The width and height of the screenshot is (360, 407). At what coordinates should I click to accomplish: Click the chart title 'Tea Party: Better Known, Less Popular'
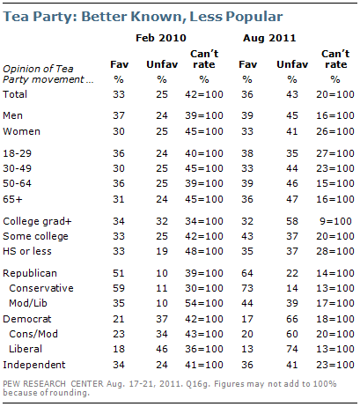coord(143,17)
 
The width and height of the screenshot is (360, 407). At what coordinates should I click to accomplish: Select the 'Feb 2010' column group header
coord(161,38)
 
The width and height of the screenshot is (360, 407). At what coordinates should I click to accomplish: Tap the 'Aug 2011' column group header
coord(269,39)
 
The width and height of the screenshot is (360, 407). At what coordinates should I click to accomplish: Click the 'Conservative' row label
coord(41,288)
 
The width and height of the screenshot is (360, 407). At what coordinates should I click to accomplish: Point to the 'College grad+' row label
coord(37,221)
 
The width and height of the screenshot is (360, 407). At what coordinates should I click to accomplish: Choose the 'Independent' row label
coord(34,365)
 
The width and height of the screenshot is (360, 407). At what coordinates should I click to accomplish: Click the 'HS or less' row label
coord(27,251)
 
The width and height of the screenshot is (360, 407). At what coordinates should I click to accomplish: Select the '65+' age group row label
coord(12,199)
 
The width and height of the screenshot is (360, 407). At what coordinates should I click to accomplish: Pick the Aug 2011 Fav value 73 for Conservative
coord(247,288)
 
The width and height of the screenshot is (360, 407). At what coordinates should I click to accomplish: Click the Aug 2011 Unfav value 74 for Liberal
coord(292,349)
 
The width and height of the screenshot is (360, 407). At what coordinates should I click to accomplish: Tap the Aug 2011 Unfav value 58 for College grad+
coord(292,221)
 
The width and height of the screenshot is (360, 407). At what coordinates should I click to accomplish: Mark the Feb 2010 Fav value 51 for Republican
coord(119,273)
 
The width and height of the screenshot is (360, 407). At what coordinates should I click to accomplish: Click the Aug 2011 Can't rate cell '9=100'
coord(335,221)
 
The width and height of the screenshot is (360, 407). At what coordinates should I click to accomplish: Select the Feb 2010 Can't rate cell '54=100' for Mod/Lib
coord(204,303)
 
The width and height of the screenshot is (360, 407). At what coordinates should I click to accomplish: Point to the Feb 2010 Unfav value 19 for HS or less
coord(162,251)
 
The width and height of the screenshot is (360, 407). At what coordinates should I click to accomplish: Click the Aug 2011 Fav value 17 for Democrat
coord(247,319)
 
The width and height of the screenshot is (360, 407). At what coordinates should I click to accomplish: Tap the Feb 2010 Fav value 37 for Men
coord(119,115)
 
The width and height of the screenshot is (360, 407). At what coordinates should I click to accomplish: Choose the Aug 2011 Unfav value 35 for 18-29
coord(292,153)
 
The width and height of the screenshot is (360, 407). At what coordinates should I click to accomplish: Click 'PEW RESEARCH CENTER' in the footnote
coord(53,384)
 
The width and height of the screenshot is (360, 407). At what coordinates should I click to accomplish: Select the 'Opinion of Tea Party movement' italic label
coord(48,74)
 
